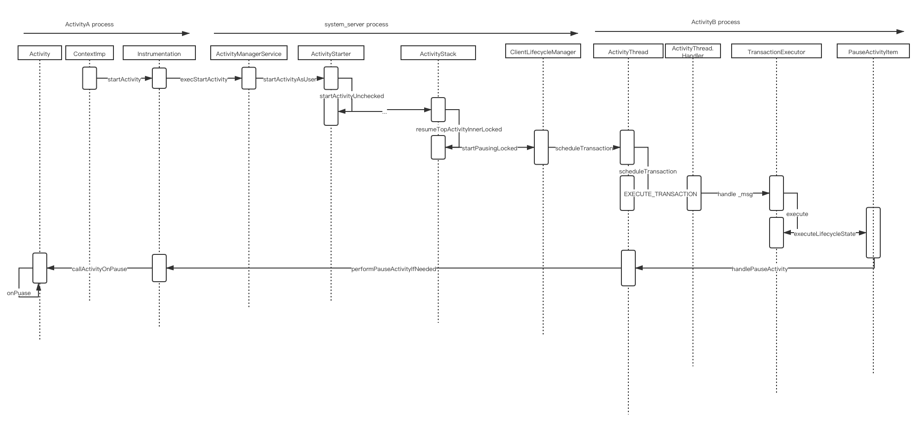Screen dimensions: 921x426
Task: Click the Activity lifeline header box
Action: tap(40, 53)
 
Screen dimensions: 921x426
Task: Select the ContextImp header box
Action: tap(89, 53)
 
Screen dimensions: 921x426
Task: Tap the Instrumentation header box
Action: tap(159, 53)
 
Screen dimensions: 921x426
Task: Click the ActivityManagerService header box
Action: tap(249, 53)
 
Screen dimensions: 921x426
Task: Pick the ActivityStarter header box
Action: tap(331, 53)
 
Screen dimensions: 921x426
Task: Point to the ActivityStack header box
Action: tap(438, 53)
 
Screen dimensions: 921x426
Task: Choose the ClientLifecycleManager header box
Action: tap(543, 51)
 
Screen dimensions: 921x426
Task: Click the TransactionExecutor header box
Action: tap(776, 51)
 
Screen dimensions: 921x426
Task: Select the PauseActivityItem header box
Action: tap(873, 51)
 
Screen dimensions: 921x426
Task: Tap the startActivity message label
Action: tap(124, 79)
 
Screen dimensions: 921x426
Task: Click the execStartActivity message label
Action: tap(204, 79)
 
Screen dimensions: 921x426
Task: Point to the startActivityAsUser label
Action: tap(290, 79)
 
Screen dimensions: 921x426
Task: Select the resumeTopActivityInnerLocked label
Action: tap(459, 129)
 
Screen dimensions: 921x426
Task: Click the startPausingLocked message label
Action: tap(489, 148)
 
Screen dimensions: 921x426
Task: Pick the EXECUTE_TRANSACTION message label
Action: tap(660, 194)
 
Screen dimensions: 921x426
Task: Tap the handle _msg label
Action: tap(735, 194)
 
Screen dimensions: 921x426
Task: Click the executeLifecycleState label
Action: tap(825, 234)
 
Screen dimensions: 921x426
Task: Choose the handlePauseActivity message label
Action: tap(759, 269)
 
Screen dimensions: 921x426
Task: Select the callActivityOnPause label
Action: tap(100, 269)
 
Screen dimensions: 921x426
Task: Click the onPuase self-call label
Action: tap(19, 293)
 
